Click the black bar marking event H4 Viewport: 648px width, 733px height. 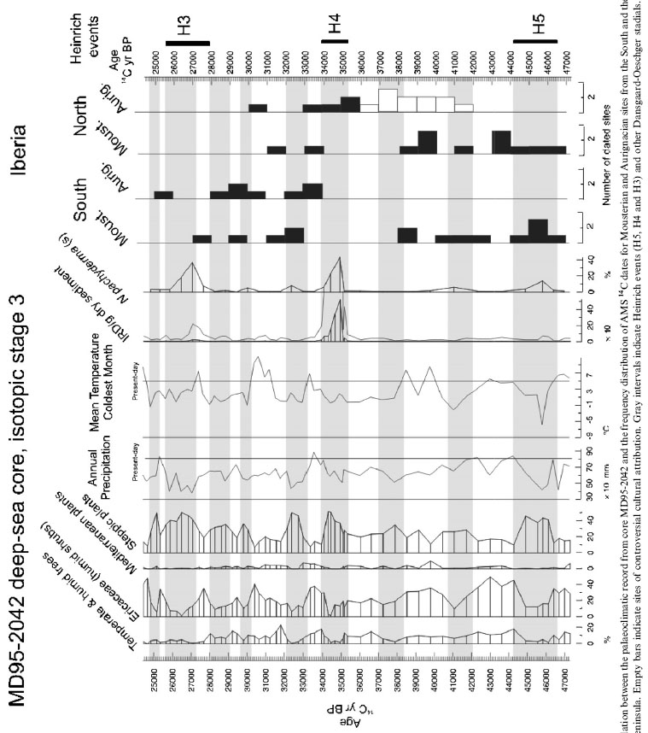point(334,41)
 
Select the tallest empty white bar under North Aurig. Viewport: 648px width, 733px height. point(387,100)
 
